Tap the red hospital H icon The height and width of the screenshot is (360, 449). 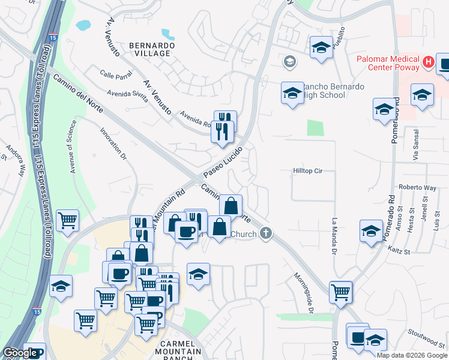[x=428, y=61]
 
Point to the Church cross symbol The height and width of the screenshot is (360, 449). [x=266, y=233]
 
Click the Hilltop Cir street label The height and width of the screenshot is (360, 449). [x=308, y=171]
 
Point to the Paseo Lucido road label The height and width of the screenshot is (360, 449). [x=222, y=162]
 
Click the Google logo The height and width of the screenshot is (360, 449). [x=20, y=353]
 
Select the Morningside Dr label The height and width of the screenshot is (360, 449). [x=304, y=292]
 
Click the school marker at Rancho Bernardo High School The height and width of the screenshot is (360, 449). [x=292, y=94]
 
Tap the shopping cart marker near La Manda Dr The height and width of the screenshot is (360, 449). [x=340, y=293]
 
